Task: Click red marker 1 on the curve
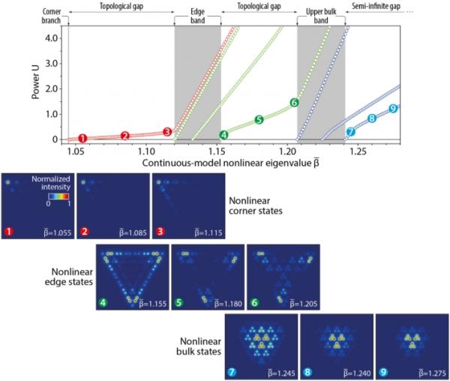[82, 138]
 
